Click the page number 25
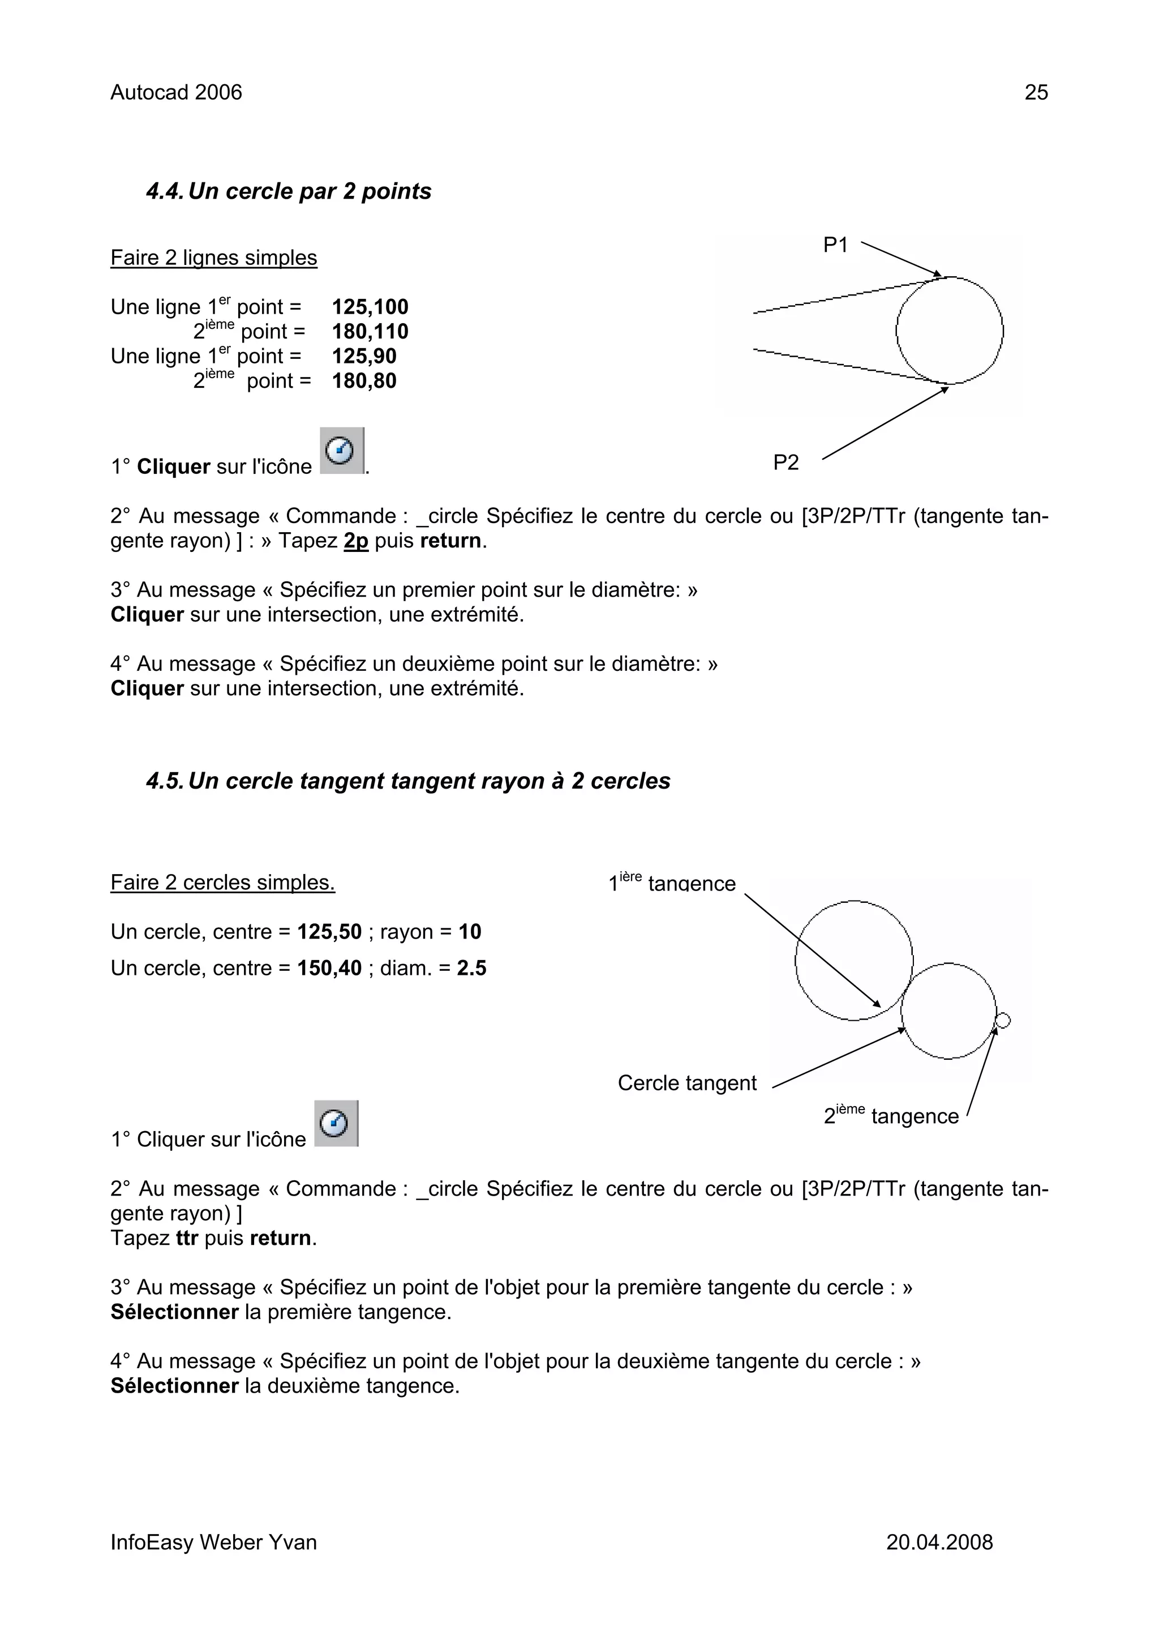tap(1036, 92)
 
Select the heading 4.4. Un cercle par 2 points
tap(289, 191)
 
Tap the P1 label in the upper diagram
tap(835, 245)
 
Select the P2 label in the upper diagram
tap(785, 463)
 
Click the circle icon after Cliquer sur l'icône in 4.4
tap(341, 451)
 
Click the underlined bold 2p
tap(355, 541)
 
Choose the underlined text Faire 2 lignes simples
tap(213, 258)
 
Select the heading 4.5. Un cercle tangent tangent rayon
tap(408, 781)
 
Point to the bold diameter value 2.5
tap(471, 968)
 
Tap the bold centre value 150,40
tap(329, 968)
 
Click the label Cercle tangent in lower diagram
tap(686, 1083)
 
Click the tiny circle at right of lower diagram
tap(1003, 1021)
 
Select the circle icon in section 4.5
tap(336, 1124)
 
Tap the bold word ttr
tap(186, 1238)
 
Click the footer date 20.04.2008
tap(939, 1542)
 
